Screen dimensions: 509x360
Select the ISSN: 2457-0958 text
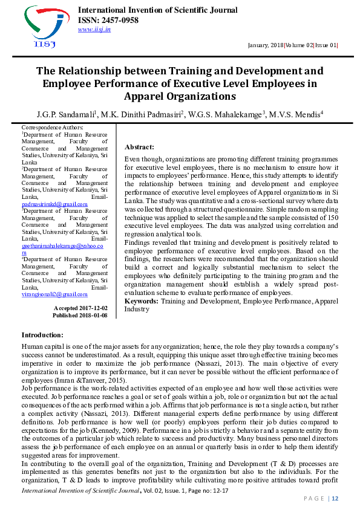tap(108, 20)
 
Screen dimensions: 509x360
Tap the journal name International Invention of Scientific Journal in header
tap(157, 10)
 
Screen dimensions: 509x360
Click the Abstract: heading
tap(139, 147)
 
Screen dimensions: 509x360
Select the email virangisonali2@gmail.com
tap(54, 294)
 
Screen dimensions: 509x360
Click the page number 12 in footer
tap(335, 498)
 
